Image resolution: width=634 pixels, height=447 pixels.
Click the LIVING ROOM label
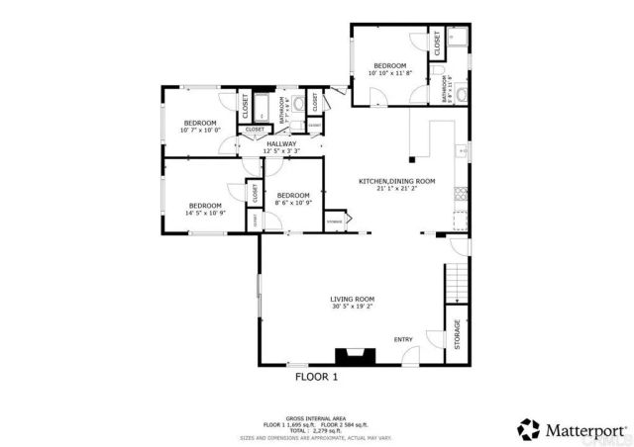352,299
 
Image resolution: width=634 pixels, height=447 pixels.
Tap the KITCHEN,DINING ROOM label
396,181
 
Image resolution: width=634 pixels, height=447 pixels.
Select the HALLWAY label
281,144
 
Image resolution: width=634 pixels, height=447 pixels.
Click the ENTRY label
403,339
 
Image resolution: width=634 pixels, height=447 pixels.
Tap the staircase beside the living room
455,283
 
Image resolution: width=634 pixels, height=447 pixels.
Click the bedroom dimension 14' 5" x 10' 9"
205,213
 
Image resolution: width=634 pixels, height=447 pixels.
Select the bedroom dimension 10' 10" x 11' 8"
389,73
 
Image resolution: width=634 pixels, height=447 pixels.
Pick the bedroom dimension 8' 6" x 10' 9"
293,203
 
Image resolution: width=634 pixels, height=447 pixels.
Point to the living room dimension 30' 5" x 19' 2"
352,307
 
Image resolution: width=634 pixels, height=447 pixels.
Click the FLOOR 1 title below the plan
317,377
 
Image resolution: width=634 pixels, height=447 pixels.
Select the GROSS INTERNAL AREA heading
316,418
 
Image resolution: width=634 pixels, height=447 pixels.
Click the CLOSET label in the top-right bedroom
437,43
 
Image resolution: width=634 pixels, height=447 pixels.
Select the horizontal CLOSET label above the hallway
255,129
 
